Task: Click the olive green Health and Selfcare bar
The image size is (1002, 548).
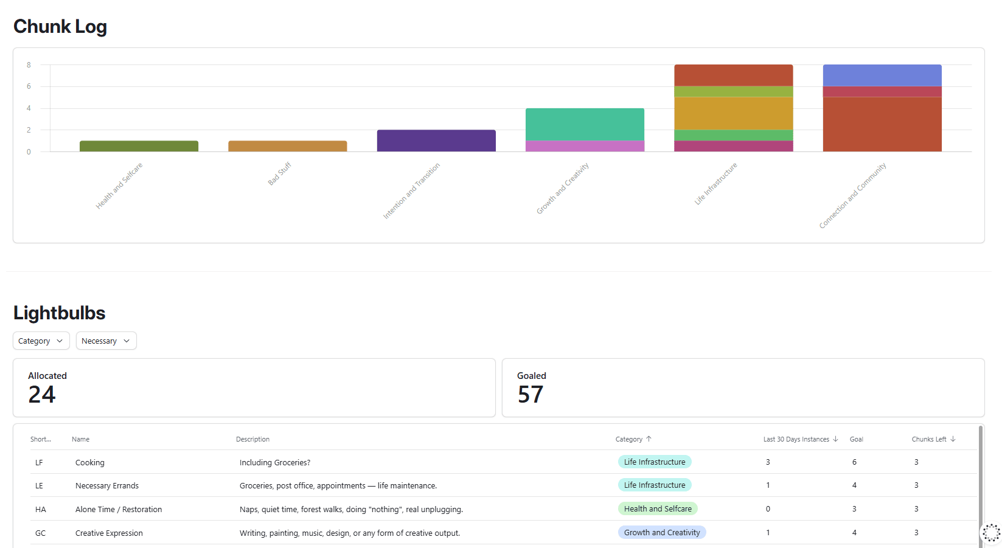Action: point(139,147)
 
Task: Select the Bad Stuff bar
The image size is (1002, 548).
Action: point(288,147)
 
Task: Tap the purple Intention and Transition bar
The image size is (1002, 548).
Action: point(436,141)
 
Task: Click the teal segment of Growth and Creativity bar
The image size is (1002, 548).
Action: point(585,124)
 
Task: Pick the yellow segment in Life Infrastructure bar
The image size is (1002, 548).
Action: point(734,114)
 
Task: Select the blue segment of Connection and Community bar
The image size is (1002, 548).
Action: point(882,75)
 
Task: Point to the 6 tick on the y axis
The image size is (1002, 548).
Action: point(29,86)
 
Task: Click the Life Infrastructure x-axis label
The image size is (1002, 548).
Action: point(715,184)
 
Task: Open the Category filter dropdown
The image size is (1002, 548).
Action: point(41,341)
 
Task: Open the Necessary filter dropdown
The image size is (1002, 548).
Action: point(106,341)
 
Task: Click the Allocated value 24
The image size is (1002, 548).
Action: point(41,395)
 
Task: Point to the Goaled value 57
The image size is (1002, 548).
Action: point(530,395)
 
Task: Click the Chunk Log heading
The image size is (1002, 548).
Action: point(60,26)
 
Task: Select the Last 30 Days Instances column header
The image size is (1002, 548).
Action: point(796,439)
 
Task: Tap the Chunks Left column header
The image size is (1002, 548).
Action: point(929,439)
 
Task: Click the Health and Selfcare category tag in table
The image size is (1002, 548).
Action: point(658,508)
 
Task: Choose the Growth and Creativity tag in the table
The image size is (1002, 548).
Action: point(662,532)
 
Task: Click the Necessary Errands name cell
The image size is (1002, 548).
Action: point(107,485)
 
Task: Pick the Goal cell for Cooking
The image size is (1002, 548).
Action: point(854,462)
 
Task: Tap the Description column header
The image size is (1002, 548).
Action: point(252,439)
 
